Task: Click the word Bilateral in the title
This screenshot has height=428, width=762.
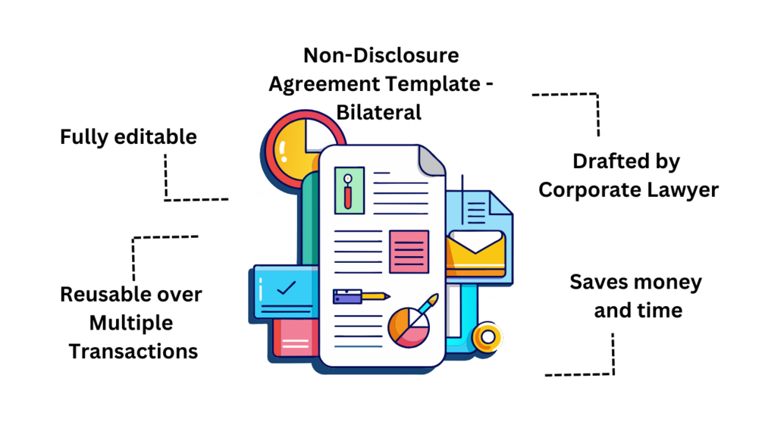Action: (378, 112)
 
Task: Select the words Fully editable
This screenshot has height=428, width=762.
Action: (128, 137)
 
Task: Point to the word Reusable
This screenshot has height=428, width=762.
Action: (99, 294)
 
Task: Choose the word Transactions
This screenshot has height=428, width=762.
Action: (133, 351)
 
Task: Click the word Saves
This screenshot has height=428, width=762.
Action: (598, 283)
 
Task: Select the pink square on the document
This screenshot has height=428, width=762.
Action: (409, 251)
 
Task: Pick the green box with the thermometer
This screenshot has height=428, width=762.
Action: (350, 189)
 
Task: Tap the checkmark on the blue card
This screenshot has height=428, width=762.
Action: (286, 289)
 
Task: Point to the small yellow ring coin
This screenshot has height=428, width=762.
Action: (488, 336)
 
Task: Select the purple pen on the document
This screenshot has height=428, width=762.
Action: (360, 296)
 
